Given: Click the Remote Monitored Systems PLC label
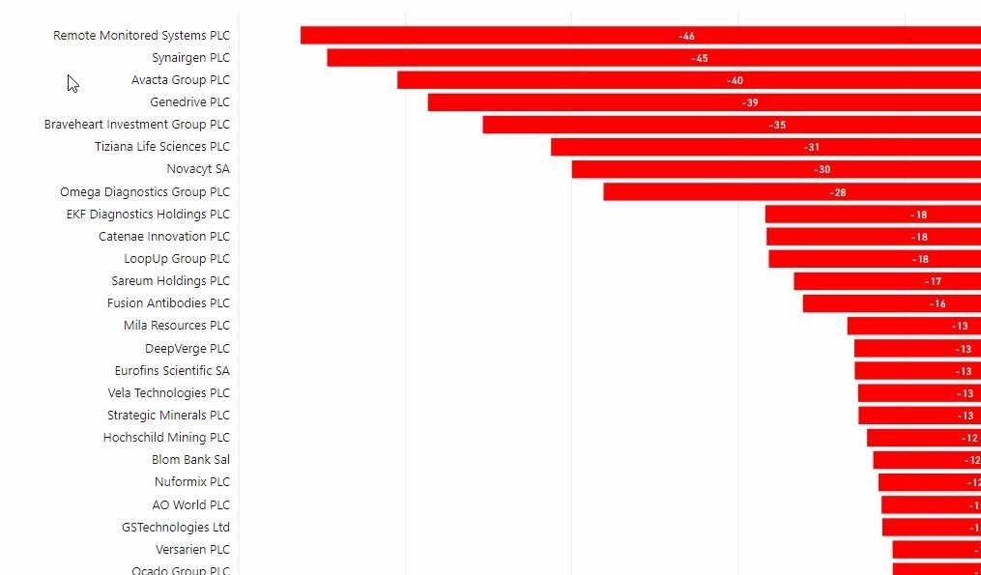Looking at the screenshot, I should coord(141,36).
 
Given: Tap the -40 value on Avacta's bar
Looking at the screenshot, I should coord(736,81).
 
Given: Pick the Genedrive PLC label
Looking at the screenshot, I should coord(189,102).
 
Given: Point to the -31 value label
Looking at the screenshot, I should coord(812,147).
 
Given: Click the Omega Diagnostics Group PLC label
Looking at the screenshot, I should coord(145,192).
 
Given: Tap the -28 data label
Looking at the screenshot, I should coord(838,192).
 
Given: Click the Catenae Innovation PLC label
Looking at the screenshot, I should coord(164,237).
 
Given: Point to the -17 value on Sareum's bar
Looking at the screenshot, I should coord(933,281).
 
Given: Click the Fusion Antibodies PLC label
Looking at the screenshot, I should coord(168,303).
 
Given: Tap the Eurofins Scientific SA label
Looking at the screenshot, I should coord(172,371).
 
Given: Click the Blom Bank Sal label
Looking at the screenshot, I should coord(190,460).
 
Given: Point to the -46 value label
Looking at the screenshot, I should coord(686,36).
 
